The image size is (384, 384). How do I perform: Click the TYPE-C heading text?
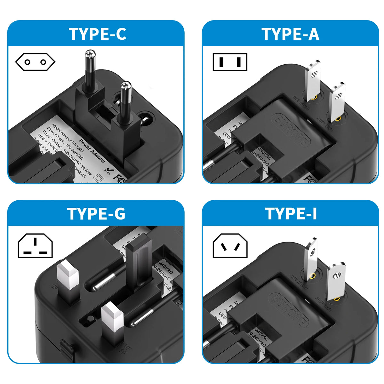click(98, 34)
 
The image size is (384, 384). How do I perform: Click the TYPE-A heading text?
click(291, 34)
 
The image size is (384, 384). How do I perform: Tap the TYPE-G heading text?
click(96, 214)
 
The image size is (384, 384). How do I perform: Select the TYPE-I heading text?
click(291, 214)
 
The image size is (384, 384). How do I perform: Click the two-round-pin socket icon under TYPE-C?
click(35, 62)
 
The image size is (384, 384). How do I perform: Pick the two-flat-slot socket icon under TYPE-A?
click(230, 62)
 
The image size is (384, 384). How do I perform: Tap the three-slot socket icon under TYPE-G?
click(35, 246)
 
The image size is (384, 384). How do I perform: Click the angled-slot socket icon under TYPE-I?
click(230, 246)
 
